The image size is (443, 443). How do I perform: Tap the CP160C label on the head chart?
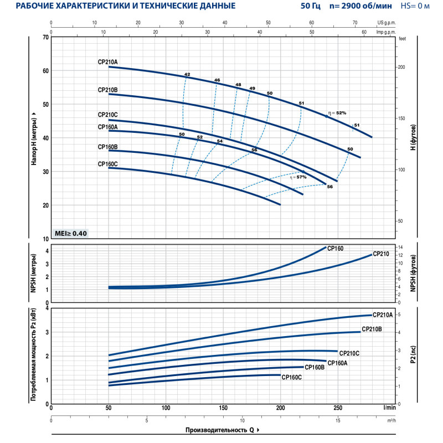(x=107, y=164)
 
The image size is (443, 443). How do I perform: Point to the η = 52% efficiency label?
(x=336, y=113)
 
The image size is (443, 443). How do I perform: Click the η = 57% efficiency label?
(x=298, y=177)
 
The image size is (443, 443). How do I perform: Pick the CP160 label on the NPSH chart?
(x=336, y=249)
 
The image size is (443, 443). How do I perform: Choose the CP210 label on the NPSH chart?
(x=381, y=254)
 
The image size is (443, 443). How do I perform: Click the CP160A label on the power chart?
(x=337, y=363)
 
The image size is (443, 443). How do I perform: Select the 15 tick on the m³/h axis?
(x=338, y=420)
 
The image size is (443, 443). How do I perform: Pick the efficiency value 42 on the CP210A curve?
(x=187, y=74)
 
